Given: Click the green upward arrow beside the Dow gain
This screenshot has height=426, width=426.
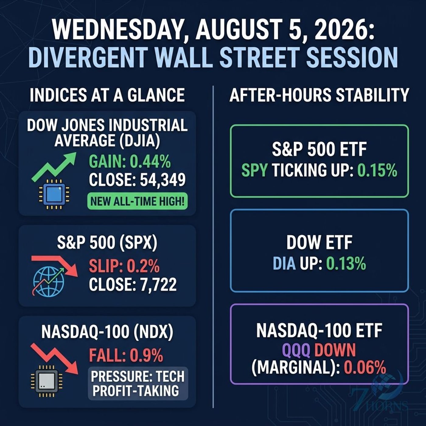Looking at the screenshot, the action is [x=54, y=167].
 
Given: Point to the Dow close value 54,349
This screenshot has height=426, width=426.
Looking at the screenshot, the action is [x=163, y=180].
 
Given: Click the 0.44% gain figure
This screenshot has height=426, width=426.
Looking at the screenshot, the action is [x=150, y=162].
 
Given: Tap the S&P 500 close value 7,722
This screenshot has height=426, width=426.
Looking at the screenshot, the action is [x=158, y=284].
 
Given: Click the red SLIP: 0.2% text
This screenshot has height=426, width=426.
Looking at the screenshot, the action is [x=124, y=266].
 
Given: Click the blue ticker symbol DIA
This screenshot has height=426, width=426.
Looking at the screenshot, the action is [x=284, y=264].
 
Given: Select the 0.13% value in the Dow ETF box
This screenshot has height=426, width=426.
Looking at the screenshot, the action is [x=346, y=264].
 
